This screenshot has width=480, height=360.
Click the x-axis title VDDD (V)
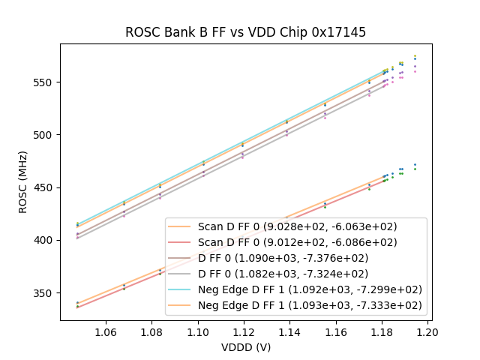[245, 347]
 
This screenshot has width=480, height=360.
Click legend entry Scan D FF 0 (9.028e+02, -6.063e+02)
[297, 226]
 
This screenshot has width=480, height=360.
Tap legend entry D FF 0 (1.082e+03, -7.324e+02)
[297, 274]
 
